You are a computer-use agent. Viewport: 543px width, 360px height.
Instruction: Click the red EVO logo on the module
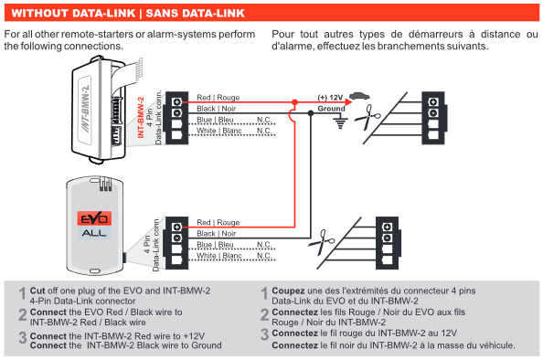94,218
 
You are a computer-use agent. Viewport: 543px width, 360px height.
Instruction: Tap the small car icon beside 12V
359,96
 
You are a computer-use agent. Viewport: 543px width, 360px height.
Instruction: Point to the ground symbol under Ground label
340,122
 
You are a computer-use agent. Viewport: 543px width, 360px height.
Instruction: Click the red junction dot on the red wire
294,102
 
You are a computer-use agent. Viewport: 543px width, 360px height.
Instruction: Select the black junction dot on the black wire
311,113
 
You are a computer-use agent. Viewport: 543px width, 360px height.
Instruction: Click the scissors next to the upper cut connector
367,117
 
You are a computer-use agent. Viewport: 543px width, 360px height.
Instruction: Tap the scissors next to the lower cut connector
322,242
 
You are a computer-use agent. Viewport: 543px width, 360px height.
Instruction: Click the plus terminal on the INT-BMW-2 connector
177,101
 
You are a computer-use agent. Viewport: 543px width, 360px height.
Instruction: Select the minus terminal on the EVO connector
177,238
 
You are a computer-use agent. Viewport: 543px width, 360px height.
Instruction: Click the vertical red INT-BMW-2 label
140,117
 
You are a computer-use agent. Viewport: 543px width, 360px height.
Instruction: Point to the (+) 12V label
330,98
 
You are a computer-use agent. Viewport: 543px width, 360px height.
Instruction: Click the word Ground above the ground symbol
332,109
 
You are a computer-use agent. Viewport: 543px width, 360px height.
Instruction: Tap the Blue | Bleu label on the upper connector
215,120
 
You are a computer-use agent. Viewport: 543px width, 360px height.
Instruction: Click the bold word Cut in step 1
37,291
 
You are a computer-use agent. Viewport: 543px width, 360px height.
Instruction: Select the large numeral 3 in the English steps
23,337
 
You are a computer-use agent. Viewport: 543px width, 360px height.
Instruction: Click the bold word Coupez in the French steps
288,291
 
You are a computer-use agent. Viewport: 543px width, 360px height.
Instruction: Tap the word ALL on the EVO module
94,233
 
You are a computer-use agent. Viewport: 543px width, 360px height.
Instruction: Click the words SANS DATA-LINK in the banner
196,13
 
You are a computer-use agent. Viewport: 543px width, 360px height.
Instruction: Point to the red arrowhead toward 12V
348,102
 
